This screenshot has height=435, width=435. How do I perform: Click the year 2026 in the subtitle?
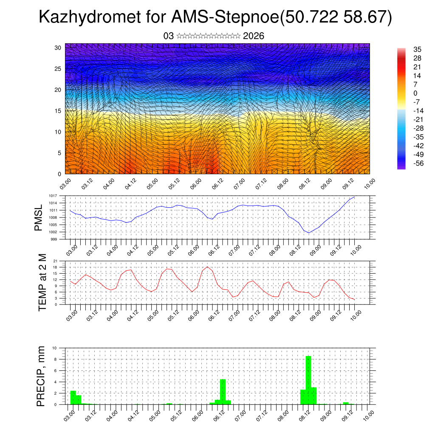pos(254,36)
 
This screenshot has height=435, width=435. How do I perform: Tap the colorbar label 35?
pos(417,50)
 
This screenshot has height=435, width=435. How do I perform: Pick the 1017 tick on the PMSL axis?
pos(53,196)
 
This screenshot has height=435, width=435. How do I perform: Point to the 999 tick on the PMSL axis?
pos(54,239)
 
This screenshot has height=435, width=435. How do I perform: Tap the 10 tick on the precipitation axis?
pos(54,348)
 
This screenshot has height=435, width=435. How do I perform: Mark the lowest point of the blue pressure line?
pos(309,233)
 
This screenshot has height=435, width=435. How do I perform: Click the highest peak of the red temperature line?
pos(207,267)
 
